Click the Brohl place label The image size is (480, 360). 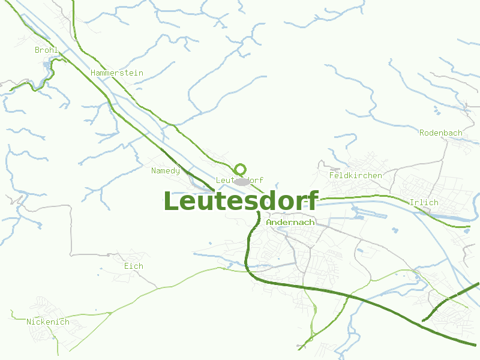(x=46, y=50)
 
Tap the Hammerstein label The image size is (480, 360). (x=117, y=73)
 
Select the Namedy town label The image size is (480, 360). (x=165, y=171)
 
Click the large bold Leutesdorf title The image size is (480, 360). (x=240, y=201)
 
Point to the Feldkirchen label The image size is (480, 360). (x=355, y=176)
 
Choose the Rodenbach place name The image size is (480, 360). (x=440, y=133)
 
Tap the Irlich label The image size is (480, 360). (x=424, y=203)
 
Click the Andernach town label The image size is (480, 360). (x=290, y=223)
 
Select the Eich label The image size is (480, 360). (x=133, y=266)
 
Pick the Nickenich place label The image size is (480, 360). (x=48, y=322)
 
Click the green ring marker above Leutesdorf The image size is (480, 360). (x=241, y=169)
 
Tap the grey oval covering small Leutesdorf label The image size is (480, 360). (x=241, y=181)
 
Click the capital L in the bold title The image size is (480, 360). (x=170, y=202)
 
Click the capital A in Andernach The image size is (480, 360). (x=269, y=223)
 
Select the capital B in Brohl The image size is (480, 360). (x=37, y=50)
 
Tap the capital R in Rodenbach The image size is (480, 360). (x=422, y=133)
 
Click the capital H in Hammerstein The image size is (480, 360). (x=93, y=73)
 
